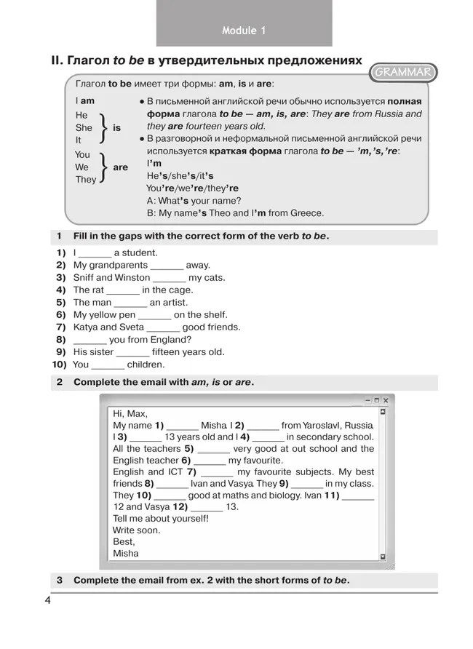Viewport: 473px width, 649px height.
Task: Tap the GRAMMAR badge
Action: (403, 72)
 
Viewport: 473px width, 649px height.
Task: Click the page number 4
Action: (47, 600)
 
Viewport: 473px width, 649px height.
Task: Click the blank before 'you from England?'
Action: (90, 340)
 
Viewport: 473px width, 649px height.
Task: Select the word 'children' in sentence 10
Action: (146, 365)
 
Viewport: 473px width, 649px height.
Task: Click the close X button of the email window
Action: (386, 400)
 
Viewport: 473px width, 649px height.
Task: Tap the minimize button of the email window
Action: (367, 400)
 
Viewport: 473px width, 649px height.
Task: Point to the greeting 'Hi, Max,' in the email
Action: (130, 413)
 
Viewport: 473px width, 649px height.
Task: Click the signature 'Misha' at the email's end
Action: (125, 554)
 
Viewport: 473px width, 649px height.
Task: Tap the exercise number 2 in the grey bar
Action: (59, 382)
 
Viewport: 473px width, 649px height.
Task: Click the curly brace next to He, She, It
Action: (104, 127)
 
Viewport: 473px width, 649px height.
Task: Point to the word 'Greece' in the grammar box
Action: (306, 213)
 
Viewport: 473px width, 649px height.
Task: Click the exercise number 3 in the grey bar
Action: (59, 581)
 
